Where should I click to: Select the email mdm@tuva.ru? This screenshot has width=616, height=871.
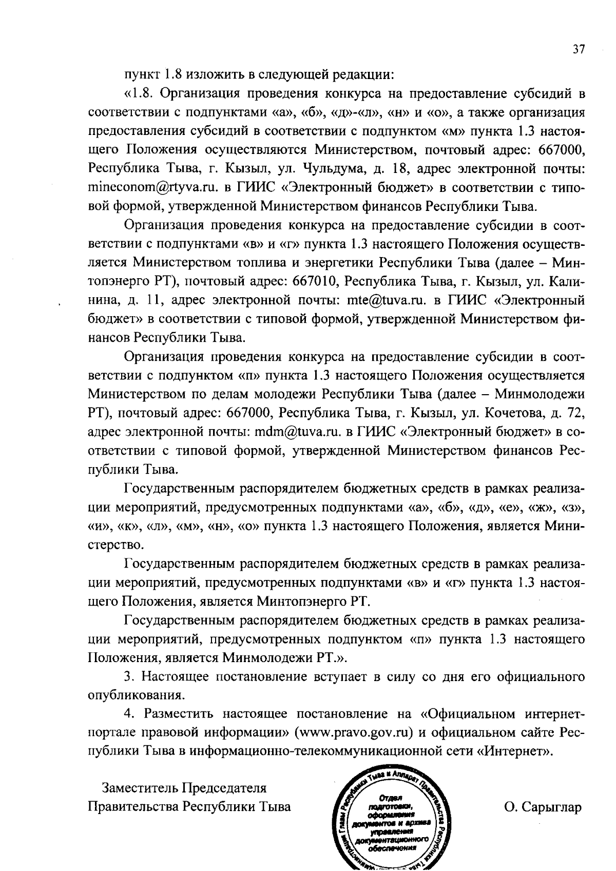(299, 432)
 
